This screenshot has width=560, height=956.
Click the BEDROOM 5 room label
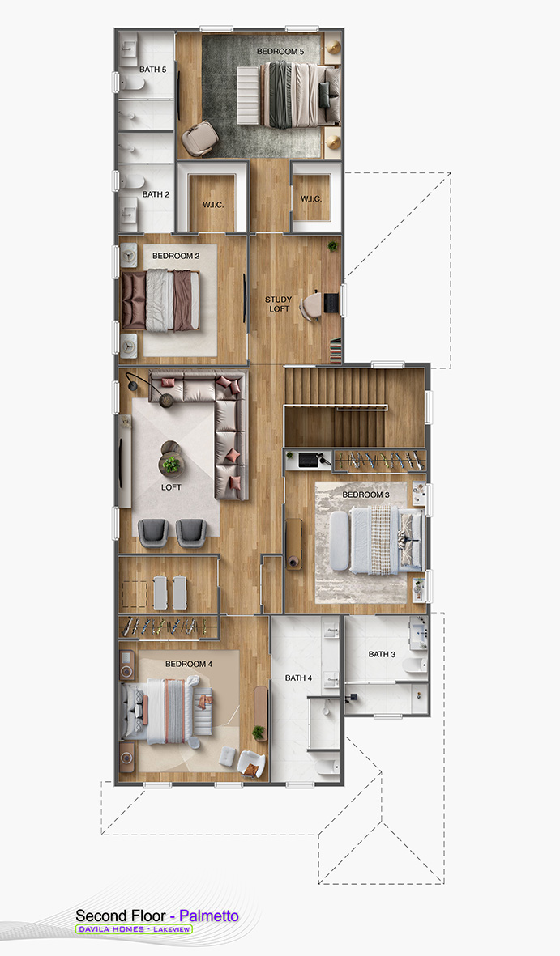point(280,52)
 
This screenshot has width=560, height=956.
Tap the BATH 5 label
point(152,70)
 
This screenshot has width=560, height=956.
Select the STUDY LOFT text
point(278,304)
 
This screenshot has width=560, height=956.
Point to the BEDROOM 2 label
point(176,256)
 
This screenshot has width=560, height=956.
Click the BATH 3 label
point(382,654)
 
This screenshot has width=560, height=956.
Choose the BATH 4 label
point(298,678)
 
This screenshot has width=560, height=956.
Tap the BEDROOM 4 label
point(189,663)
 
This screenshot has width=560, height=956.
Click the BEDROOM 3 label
point(365,495)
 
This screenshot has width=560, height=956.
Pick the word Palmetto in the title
point(209,916)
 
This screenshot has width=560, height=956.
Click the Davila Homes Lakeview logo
point(134,929)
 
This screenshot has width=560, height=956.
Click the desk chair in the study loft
point(310,305)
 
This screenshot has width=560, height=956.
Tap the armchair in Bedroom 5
point(199,139)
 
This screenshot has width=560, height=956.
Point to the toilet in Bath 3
point(415,665)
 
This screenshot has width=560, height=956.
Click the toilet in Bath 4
point(327,767)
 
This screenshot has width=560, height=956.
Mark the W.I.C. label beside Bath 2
point(213,204)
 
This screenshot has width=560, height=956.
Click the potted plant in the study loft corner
point(332,246)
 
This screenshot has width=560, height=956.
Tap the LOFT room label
point(171,487)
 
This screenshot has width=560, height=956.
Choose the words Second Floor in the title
point(120,916)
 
